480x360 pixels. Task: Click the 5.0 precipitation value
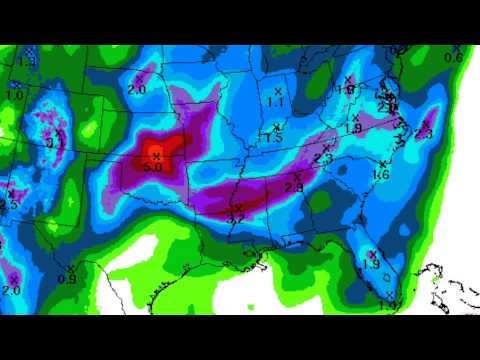pos(152,167)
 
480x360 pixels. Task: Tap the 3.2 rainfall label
pos(237,218)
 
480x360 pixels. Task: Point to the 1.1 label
pos(277,102)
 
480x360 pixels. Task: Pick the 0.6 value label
pos(453,57)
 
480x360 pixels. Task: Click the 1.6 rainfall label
pos(380,176)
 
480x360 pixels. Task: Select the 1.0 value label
pos(14,95)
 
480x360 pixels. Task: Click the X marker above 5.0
pos(156,155)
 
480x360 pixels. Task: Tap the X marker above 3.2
pos(239,207)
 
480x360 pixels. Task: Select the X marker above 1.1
pos(278,91)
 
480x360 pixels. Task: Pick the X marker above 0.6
pos(459,46)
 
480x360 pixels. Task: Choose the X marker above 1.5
pos(276,126)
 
